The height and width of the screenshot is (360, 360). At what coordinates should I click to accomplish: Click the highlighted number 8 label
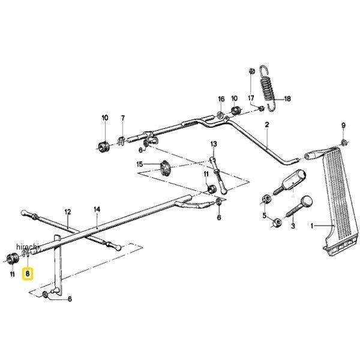click(28, 275)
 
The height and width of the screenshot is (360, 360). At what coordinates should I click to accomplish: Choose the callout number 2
click(266, 124)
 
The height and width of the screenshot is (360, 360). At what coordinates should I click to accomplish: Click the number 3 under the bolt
click(293, 227)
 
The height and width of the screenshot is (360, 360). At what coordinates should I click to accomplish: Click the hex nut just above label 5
click(265, 198)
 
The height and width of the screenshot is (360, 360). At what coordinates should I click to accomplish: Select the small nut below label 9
click(343, 142)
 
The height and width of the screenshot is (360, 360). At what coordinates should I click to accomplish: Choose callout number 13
click(214, 145)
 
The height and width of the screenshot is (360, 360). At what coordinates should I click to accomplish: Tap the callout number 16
click(221, 98)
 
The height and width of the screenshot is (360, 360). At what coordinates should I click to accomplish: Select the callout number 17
click(251, 98)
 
